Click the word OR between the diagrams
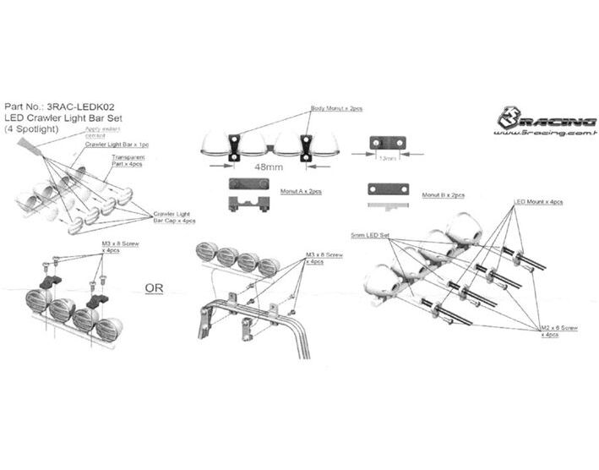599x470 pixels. (x=155, y=287)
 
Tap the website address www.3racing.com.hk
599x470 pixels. (x=546, y=133)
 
